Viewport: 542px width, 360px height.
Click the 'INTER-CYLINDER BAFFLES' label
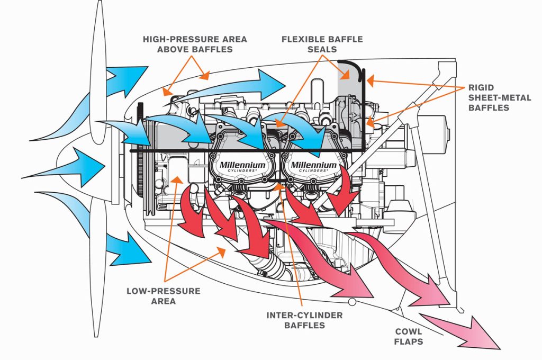point(304,320)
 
